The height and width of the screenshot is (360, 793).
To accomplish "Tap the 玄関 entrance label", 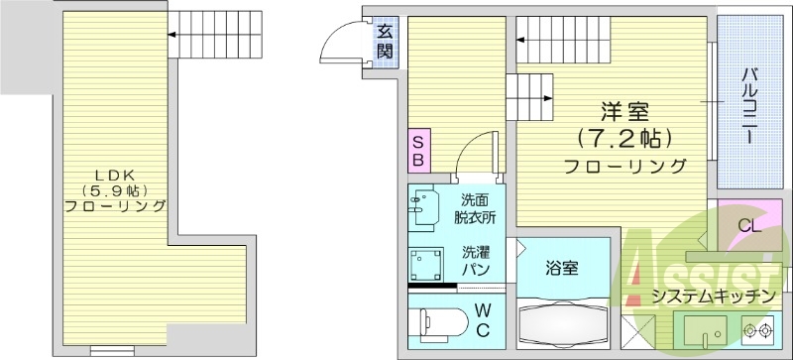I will tap(384, 41).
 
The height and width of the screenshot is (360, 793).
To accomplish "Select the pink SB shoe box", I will tap(418, 150).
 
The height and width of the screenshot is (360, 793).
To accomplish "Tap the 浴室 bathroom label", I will tap(562, 267).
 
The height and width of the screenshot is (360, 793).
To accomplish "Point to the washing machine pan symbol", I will tap(428, 263).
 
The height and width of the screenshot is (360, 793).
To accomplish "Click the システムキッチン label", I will tap(714, 297).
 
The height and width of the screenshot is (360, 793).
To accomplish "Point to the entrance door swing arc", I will tap(340, 44).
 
